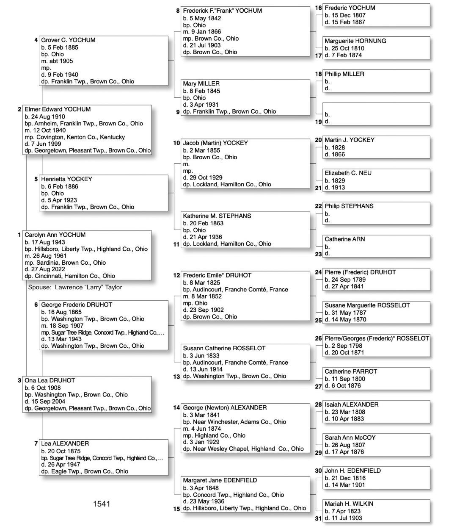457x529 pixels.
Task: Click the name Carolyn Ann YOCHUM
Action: coord(55,235)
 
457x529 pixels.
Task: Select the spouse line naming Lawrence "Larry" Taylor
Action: coord(75,287)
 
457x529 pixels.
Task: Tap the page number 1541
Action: coord(102,504)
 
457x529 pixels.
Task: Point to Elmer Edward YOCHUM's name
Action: coord(58,109)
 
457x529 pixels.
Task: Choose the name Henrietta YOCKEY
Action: coord(66,179)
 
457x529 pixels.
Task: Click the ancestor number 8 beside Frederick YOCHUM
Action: coord(178,11)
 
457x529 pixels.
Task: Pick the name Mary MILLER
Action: coord(201,84)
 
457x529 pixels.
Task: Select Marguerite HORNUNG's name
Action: coord(355,41)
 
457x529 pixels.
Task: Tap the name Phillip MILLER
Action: coord(344,74)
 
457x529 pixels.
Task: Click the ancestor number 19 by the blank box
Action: coord(318,122)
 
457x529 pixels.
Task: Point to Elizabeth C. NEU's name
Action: coord(348,173)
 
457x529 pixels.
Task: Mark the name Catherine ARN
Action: coord(345,239)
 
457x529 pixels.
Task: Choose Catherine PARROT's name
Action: coord(351,371)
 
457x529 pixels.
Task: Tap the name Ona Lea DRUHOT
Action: coord(50,380)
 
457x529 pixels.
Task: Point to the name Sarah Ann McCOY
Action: coord(350,438)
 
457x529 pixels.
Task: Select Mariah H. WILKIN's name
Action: coord(349,504)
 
